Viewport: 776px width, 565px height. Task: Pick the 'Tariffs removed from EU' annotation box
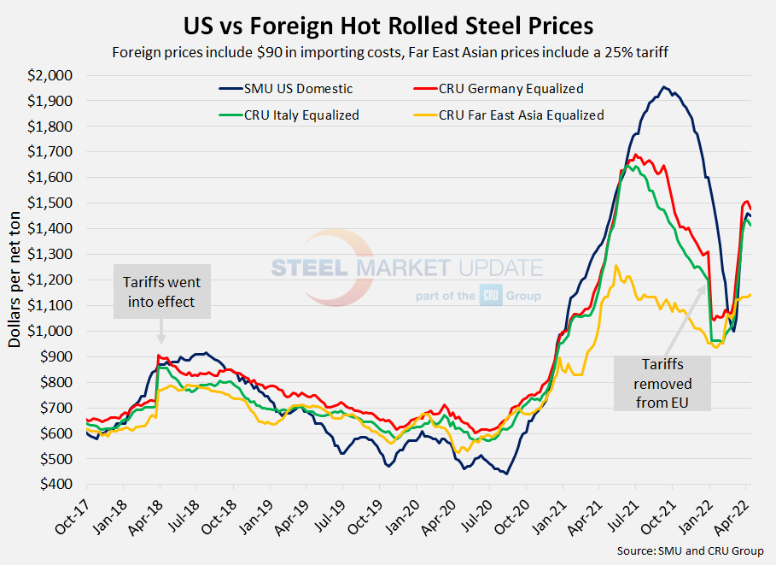[x=662, y=383]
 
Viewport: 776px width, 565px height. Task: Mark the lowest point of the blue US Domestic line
[x=506, y=474]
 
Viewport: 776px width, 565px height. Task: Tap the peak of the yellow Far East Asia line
[x=616, y=266]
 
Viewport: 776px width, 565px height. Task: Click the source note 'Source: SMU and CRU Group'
[x=690, y=550]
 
